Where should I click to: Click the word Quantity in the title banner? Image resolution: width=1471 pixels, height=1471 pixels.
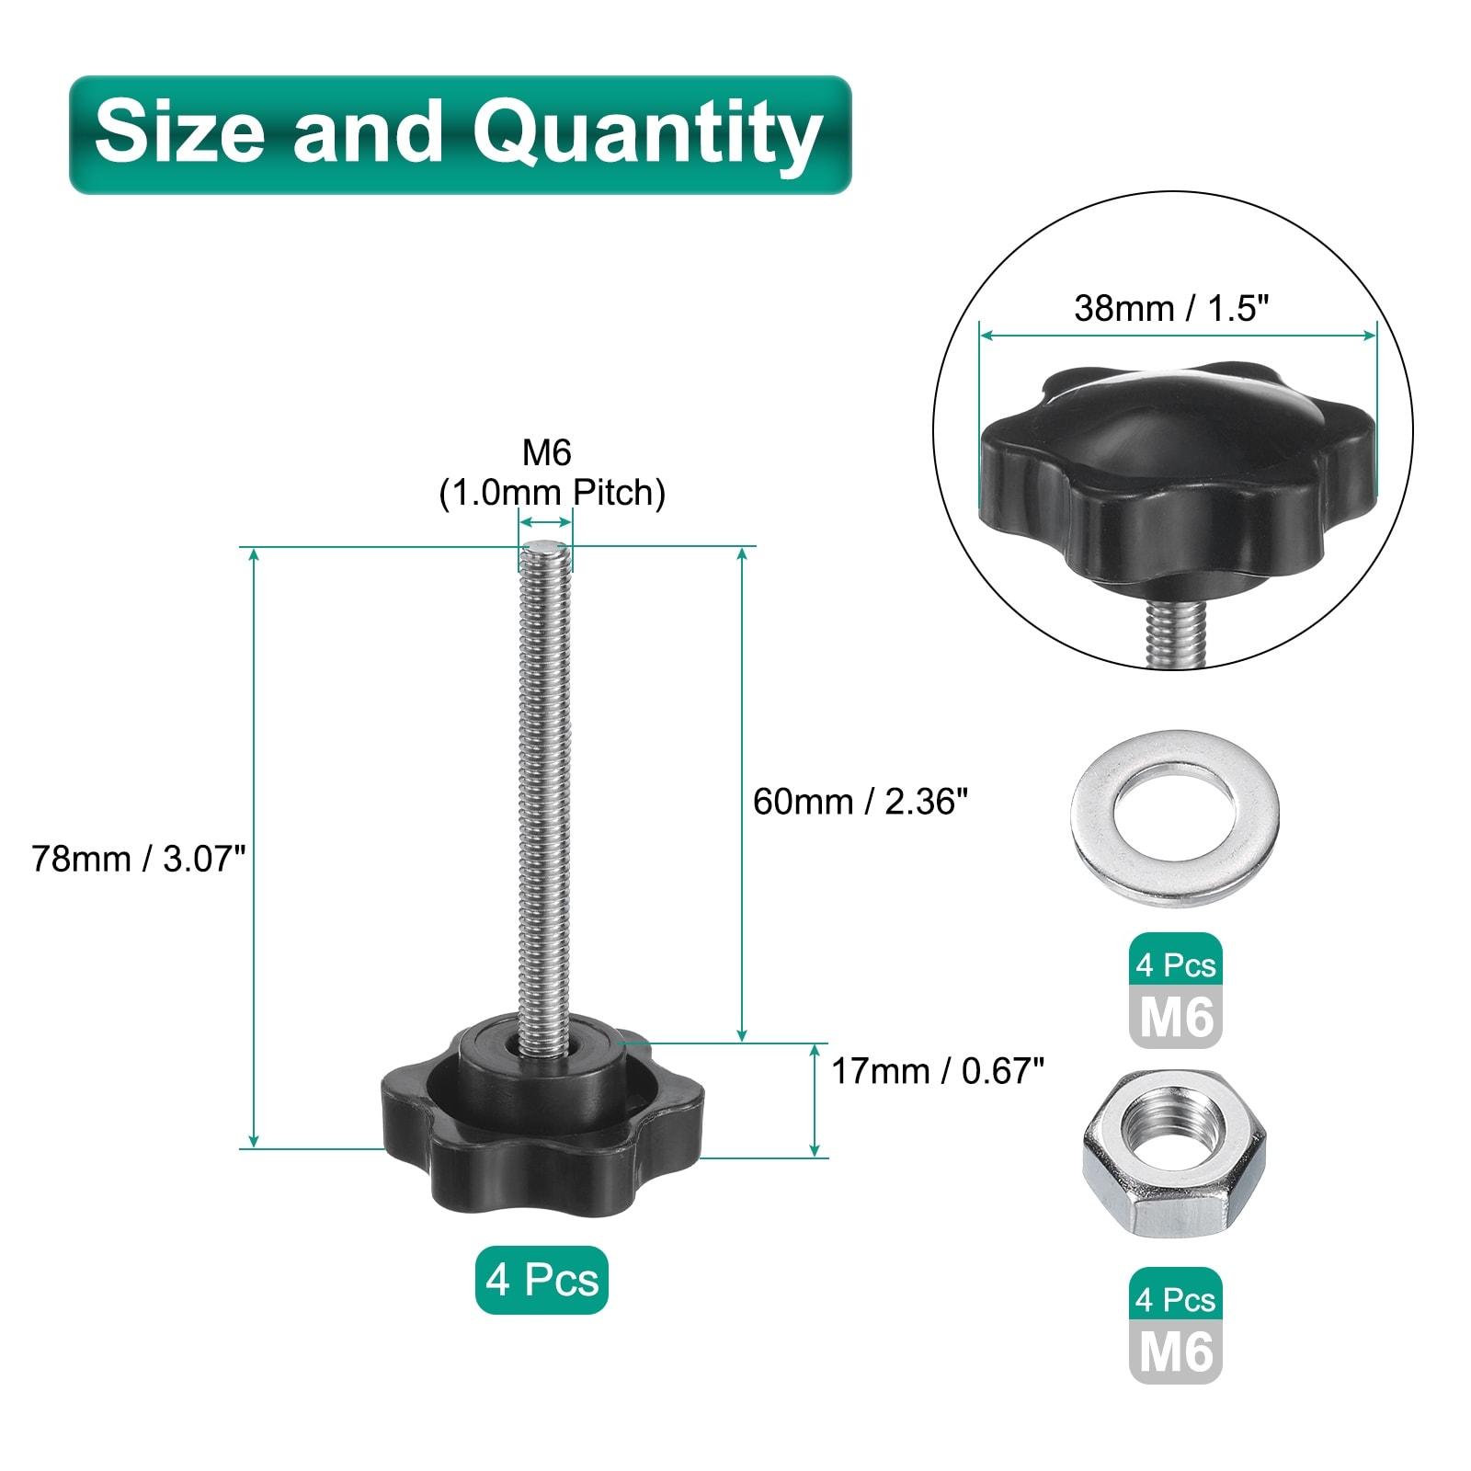click(647, 136)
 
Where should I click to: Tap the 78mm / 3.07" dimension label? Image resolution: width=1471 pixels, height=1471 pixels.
click(139, 859)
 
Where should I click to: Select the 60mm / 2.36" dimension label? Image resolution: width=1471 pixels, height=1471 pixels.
click(861, 802)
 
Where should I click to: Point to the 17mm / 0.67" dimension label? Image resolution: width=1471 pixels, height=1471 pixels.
click(938, 1071)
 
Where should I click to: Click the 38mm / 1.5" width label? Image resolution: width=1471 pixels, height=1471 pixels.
click(1171, 308)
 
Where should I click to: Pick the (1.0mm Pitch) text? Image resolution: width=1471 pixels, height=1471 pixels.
click(552, 493)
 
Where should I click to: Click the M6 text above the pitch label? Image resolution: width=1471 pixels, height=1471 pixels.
click(547, 452)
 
